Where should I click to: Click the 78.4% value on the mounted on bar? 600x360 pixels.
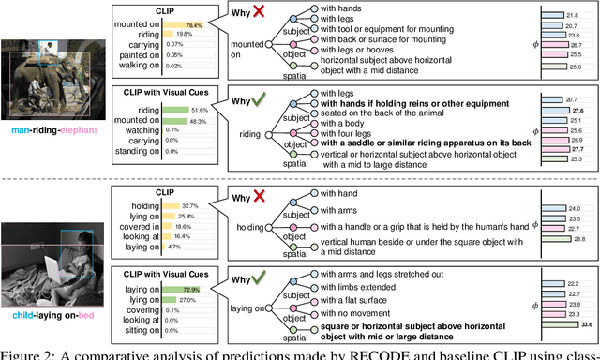click(x=195, y=25)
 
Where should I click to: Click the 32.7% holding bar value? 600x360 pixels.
click(x=190, y=205)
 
